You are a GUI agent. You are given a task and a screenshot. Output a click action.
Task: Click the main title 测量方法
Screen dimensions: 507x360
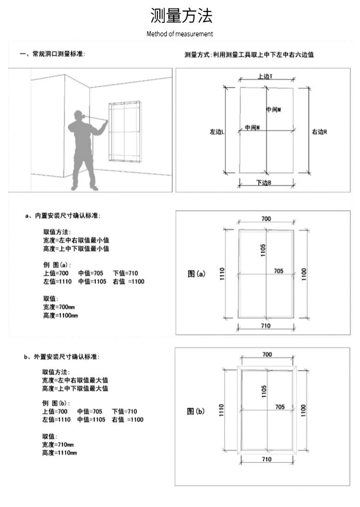pyautogui.click(x=181, y=16)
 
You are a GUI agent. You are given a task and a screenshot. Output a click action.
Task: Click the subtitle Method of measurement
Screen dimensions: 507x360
pyautogui.click(x=180, y=34)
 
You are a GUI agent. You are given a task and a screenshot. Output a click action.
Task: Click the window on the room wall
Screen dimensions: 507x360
pyautogui.click(x=124, y=132)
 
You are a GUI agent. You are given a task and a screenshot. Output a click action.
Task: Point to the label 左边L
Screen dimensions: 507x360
pyautogui.click(x=217, y=131)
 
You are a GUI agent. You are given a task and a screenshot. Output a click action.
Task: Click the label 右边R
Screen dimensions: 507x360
pyautogui.click(x=319, y=131)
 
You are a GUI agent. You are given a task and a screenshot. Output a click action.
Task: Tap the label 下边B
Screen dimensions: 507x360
pyautogui.click(x=264, y=182)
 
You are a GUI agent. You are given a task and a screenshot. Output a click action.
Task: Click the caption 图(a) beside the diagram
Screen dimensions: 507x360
pyautogui.click(x=196, y=274)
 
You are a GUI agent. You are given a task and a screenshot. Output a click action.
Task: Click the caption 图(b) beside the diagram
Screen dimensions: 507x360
pyautogui.click(x=196, y=411)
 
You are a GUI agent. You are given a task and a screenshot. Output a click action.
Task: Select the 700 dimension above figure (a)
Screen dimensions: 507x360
pyautogui.click(x=266, y=218)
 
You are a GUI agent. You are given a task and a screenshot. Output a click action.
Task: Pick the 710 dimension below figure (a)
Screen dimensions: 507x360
pyautogui.click(x=266, y=326)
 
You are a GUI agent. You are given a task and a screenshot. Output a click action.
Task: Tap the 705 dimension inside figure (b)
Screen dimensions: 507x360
pyautogui.click(x=280, y=407)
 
